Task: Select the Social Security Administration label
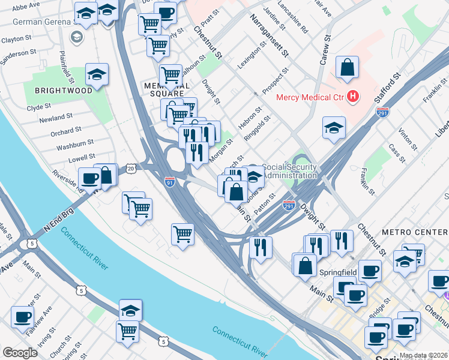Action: pos(290,171)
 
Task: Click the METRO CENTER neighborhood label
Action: pos(414,232)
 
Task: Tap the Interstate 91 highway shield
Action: pos(170,182)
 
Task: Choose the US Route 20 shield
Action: pos(130,169)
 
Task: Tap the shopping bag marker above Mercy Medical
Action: pos(348,67)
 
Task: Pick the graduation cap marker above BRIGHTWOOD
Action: pos(97,74)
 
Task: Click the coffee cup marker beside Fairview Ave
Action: pos(22,317)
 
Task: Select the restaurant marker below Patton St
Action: pos(261,246)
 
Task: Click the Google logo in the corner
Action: pos(20,353)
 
